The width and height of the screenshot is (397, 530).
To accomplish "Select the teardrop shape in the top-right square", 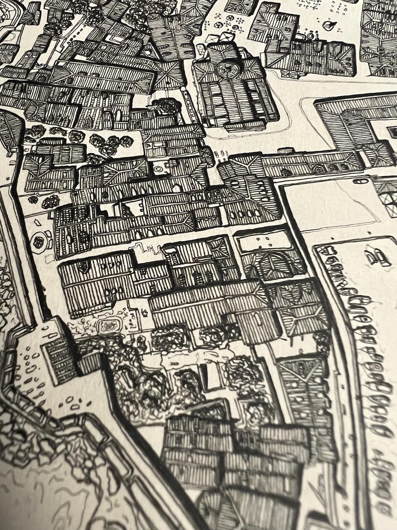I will pos(328,25).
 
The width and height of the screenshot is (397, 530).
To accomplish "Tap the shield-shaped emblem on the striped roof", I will pos(83,267).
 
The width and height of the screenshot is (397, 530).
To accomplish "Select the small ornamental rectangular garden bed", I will pos(109,326).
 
